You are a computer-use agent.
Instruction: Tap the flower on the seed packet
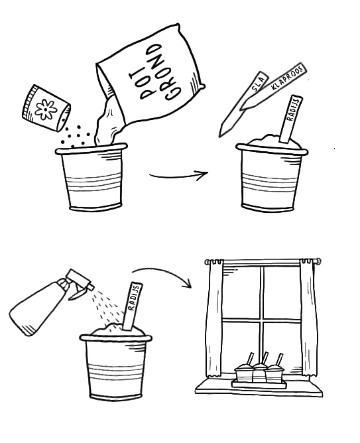45,109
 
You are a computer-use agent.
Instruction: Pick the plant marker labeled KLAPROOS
273,86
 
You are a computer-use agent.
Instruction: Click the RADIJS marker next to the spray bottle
132,306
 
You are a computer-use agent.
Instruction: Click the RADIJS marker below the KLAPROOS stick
291,119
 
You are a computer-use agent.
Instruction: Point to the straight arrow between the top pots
178,176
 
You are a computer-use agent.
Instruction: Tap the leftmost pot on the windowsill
244,373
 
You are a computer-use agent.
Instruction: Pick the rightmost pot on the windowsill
274,373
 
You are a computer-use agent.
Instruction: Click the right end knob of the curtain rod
318,261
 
